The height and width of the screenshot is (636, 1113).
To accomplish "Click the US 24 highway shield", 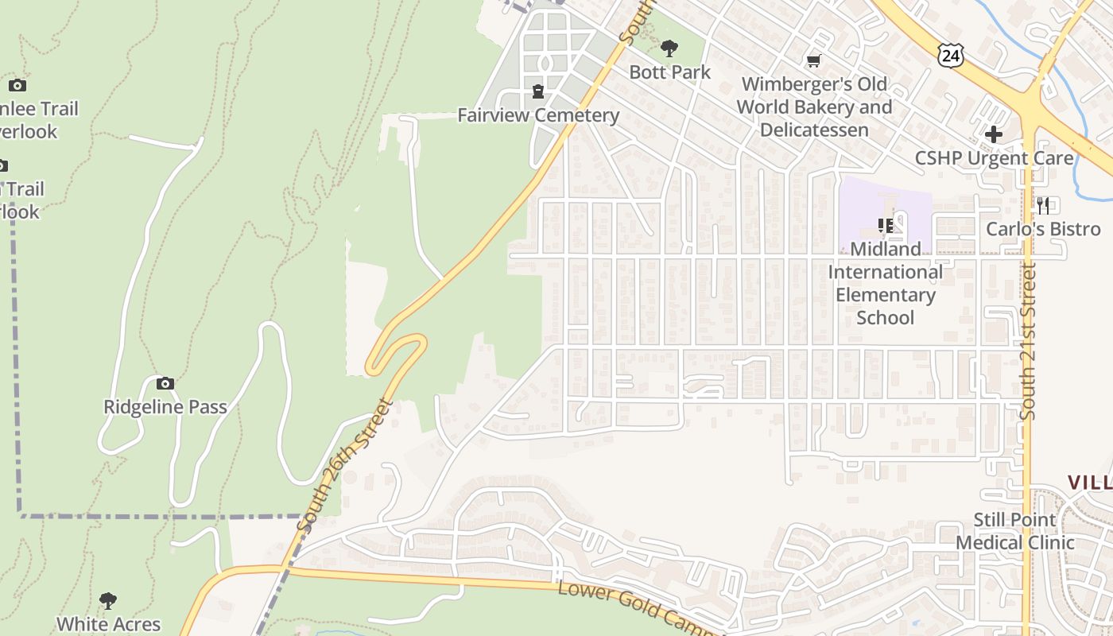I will coord(950,54).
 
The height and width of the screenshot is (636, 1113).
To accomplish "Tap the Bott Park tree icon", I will coord(669,48).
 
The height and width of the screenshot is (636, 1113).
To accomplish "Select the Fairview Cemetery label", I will coord(538,115).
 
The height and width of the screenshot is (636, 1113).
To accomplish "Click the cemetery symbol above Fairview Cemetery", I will coord(538,92).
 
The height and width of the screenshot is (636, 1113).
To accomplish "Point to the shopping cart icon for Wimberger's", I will coord(813,60).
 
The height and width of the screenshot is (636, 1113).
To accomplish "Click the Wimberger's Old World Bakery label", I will coord(814,107).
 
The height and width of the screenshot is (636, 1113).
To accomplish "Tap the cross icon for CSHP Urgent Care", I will coord(993,134).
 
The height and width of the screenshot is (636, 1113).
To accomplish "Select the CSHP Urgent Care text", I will coord(994,157).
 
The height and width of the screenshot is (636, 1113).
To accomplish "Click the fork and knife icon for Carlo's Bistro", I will coord(1043,205).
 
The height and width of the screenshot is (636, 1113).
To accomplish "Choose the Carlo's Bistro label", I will coord(1043,229).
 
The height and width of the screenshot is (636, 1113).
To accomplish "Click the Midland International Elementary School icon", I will coord(885,226).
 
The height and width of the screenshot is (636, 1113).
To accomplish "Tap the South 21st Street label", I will coord(1029,342).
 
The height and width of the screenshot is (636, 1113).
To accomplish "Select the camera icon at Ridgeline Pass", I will coord(165,383).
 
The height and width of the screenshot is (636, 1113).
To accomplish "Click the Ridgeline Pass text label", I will coord(165,407).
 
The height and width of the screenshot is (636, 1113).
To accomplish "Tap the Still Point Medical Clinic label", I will coord(1014,531).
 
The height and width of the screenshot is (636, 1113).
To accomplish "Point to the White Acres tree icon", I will coord(108,601).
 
